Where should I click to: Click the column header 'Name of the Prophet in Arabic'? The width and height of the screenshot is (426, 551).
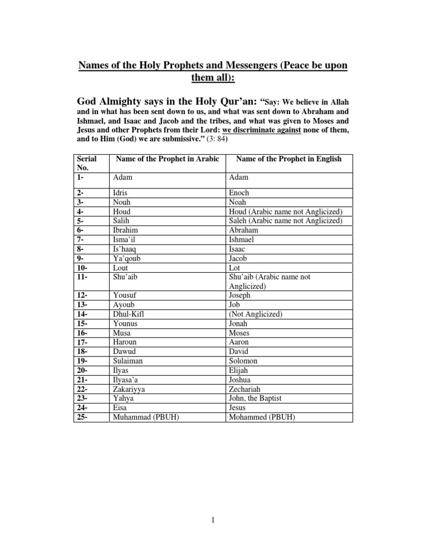[168, 160]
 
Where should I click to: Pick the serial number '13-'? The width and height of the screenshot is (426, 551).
[83, 305]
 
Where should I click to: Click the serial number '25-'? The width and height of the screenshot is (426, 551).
[83, 417]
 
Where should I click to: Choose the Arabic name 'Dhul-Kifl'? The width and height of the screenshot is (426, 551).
[129, 314]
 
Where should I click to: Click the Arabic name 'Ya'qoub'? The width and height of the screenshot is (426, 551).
[126, 258]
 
